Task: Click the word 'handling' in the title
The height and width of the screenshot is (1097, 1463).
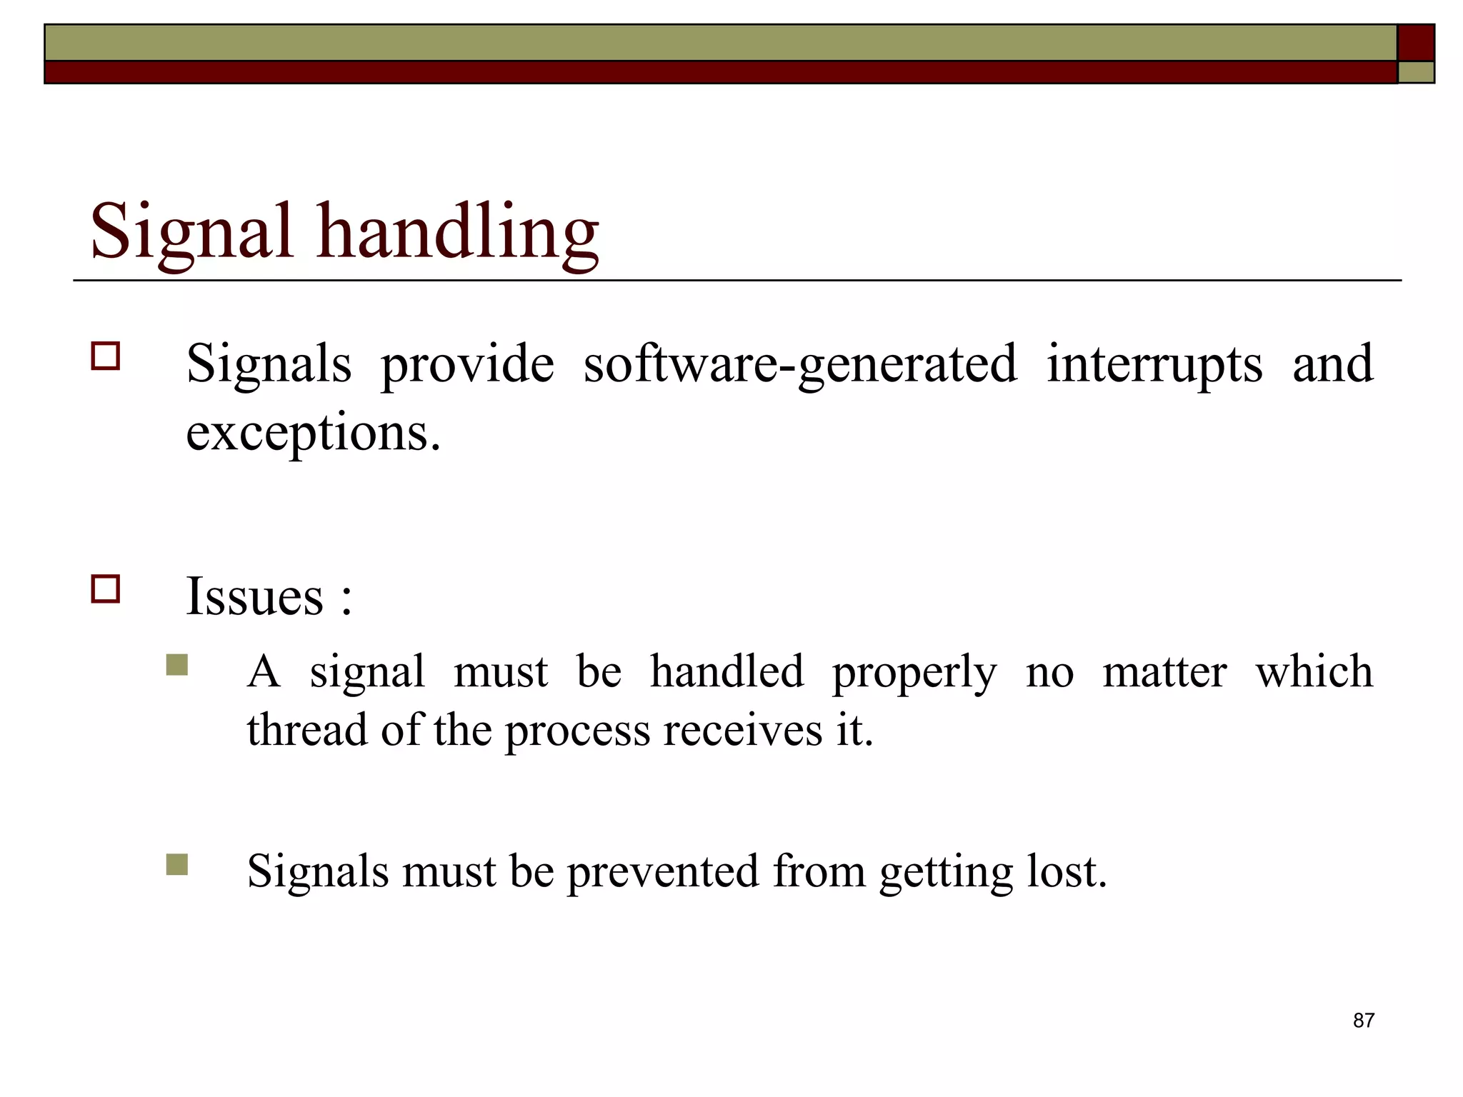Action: click(458, 232)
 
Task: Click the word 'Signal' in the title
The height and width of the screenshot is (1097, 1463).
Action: click(191, 232)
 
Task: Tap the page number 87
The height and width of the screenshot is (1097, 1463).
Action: click(1363, 1021)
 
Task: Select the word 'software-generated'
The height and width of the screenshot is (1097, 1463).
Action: click(800, 364)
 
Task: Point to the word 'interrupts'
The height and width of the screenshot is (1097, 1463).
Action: click(1154, 364)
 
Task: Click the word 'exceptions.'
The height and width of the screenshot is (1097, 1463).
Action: click(313, 433)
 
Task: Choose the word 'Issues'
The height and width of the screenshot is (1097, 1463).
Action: click(254, 596)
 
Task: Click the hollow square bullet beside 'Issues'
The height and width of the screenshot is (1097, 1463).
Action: click(106, 589)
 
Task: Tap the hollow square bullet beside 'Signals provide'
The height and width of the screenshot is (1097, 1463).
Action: click(106, 356)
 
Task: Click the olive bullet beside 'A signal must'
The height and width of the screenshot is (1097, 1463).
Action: click(176, 665)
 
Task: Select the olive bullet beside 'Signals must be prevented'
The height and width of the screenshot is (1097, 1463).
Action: click(176, 865)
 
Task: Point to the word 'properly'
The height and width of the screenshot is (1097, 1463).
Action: click(914, 673)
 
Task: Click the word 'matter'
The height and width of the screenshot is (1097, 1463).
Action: click(1164, 672)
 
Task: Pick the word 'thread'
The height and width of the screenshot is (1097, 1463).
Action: click(307, 730)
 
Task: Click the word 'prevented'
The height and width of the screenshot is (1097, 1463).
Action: click(663, 872)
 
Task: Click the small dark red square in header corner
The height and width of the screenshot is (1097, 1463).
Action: click(1416, 42)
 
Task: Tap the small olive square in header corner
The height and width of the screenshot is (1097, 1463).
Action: click(1416, 72)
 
